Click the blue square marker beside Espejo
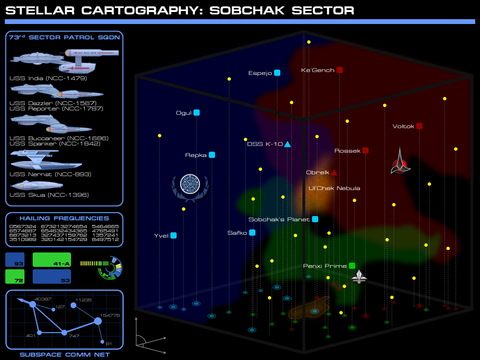(x=277, y=73)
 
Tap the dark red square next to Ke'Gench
(x=339, y=70)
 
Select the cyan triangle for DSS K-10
(x=288, y=144)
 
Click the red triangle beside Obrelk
(x=334, y=172)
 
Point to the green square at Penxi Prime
(x=352, y=265)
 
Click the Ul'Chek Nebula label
(x=334, y=188)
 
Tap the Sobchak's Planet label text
(x=279, y=219)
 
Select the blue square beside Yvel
(x=173, y=235)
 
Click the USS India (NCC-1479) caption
(x=48, y=78)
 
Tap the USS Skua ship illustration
(x=36, y=185)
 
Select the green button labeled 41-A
(x=52, y=260)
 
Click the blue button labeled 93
(x=15, y=260)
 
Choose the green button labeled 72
(x=15, y=276)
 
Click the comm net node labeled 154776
(x=98, y=321)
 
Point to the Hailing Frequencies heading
(x=64, y=218)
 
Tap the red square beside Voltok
(x=419, y=126)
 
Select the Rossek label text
(x=347, y=151)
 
